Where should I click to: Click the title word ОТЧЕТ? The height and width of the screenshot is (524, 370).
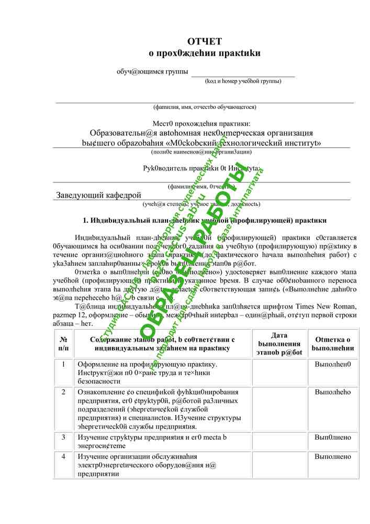pos(205,41)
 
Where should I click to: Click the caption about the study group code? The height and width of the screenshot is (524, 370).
pos(243,81)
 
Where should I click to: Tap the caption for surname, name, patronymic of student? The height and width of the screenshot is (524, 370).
pos(205,107)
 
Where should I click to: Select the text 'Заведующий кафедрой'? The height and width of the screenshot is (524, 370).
pos(98,195)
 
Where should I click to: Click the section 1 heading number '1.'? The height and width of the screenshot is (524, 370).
pos(86,221)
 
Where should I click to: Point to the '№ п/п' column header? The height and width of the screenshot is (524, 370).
pos(63,344)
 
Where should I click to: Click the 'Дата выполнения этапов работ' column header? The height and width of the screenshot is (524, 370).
pos(279,344)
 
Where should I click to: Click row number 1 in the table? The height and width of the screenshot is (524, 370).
pos(63,364)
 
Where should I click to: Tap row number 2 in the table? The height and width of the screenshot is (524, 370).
pos(63,392)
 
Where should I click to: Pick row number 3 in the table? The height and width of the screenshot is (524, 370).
pos(63,437)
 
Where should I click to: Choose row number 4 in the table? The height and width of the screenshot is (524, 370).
pos(63,456)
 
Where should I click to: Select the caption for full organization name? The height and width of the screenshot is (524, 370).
pos(201,151)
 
